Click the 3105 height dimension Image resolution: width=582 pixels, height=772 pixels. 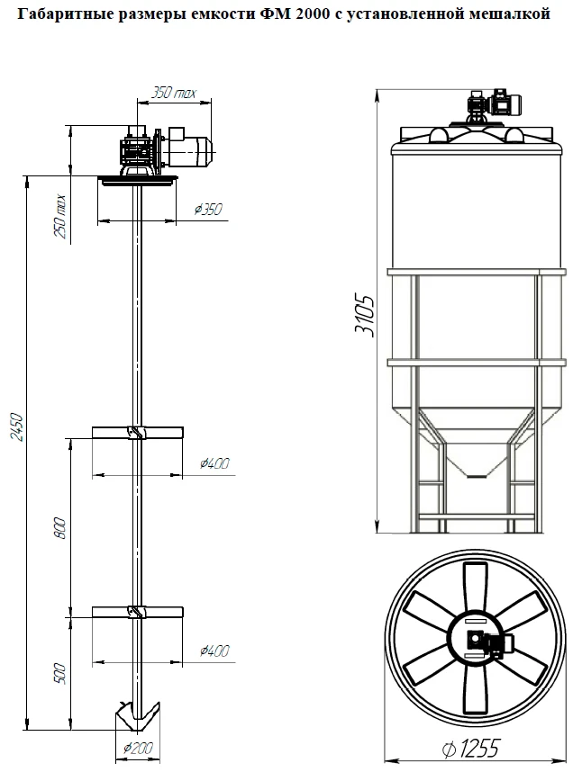[365, 316]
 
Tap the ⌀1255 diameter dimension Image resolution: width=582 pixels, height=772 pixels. [470, 749]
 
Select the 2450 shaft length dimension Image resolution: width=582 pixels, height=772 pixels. [18, 426]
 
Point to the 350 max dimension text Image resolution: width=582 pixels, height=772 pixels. [174, 93]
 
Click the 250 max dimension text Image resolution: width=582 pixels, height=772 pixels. [59, 217]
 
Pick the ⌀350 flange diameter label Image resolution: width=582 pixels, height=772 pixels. [208, 210]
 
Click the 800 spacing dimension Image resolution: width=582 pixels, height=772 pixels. [59, 528]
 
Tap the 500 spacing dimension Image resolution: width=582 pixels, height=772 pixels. [59, 674]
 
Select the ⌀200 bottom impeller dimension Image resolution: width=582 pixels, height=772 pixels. [139, 749]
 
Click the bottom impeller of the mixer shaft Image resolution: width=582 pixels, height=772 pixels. [137, 716]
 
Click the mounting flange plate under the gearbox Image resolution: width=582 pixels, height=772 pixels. [137, 181]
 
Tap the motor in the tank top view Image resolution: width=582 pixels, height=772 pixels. [490, 643]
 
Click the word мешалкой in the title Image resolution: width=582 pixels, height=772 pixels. [510, 13]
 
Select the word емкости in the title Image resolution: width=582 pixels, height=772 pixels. [223, 13]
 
